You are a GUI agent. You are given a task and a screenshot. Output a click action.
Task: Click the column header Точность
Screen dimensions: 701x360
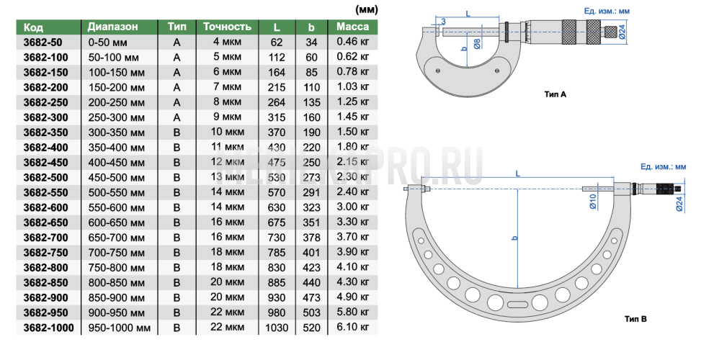coord(227,27)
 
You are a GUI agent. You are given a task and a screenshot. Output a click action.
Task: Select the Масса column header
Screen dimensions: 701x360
coord(353,27)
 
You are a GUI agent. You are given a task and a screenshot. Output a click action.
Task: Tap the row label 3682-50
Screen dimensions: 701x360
coord(43,42)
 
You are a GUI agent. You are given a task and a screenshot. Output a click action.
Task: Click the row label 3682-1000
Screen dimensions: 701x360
coord(49,328)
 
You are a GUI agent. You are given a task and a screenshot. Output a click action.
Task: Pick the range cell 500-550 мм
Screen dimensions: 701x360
coord(116,193)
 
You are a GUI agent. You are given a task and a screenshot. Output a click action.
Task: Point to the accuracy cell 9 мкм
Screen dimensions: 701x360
coord(227,117)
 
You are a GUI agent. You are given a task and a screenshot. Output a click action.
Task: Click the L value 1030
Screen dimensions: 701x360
coord(277,328)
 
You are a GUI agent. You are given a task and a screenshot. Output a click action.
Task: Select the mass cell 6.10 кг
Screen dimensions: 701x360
coord(353,327)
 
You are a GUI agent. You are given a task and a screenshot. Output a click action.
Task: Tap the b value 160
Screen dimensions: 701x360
coord(312,117)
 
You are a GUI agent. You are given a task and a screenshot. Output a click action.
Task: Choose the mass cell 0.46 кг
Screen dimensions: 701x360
coord(353,42)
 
